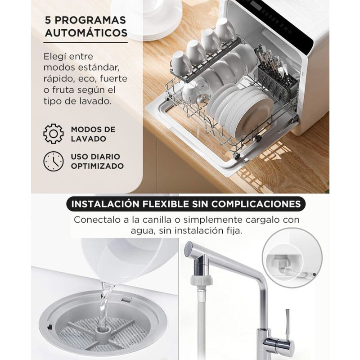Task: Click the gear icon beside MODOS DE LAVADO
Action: pos(54,134)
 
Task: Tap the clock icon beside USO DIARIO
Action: pos(54,161)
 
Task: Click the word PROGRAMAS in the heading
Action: pos(90,20)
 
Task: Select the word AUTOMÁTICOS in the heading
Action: pos(86,33)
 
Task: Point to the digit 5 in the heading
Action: pos(48,20)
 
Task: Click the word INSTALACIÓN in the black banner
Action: pos(105,204)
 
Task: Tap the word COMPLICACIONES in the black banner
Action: pos(256,204)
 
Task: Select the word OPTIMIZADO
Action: pos(97,166)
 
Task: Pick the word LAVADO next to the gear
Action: pos(88,139)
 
